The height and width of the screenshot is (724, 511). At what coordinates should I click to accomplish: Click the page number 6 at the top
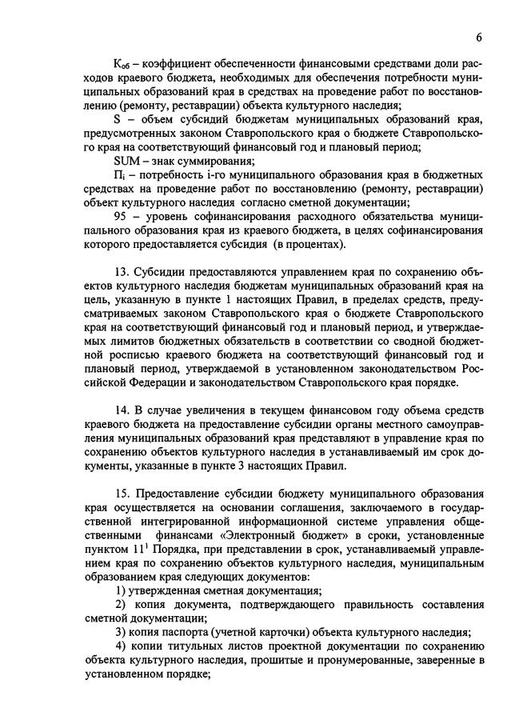point(478,38)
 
